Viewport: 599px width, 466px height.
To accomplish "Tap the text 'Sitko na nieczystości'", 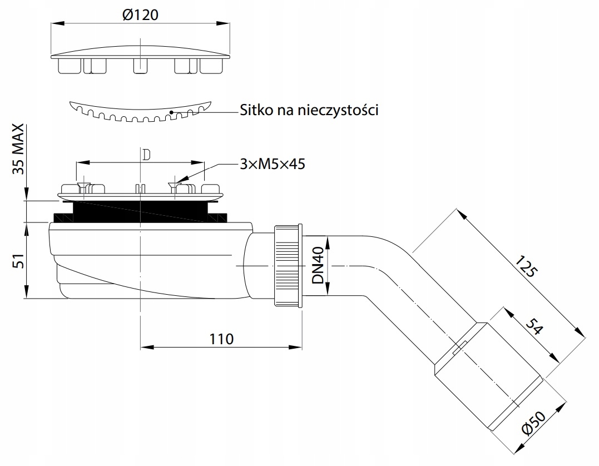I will pyautogui.click(x=309, y=110).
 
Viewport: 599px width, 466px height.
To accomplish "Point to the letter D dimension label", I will pyautogui.click(x=146, y=155).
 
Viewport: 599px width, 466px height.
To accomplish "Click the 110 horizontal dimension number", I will pyautogui.click(x=221, y=338).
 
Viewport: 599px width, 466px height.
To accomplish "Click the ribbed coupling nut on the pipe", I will pyautogui.click(x=288, y=265).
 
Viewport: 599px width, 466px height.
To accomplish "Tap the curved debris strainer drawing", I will pyautogui.click(x=140, y=111).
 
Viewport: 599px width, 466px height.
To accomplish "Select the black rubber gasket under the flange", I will pyautogui.click(x=139, y=211).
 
